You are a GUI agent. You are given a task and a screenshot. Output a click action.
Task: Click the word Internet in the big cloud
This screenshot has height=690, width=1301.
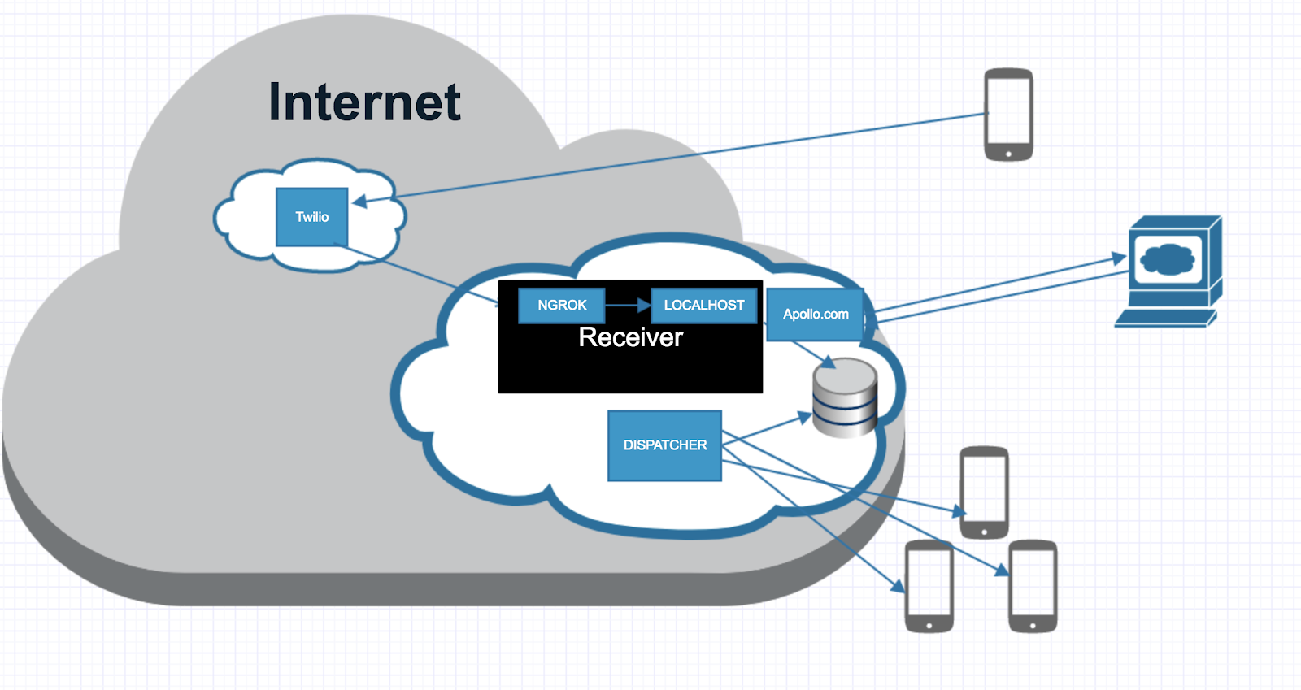(364, 102)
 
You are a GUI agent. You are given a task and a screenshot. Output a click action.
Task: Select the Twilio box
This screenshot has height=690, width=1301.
(312, 217)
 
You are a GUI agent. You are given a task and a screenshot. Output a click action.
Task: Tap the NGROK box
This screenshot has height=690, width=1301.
(562, 306)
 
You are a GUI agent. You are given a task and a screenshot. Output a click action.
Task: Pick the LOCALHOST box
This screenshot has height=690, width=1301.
(704, 306)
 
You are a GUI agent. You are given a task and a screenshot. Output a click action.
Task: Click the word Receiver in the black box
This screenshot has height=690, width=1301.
(631, 337)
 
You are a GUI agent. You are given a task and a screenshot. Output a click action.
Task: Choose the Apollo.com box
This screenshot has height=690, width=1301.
(816, 315)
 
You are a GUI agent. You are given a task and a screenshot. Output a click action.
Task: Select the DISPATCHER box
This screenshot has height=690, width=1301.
(665, 445)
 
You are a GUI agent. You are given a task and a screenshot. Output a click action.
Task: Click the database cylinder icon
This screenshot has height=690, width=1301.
(845, 397)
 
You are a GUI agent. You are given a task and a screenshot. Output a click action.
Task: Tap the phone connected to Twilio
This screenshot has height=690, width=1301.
(1008, 115)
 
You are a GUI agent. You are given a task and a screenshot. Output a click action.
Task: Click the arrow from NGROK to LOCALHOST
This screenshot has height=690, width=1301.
(627, 306)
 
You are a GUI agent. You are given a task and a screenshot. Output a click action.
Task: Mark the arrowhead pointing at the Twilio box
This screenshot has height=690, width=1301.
(359, 201)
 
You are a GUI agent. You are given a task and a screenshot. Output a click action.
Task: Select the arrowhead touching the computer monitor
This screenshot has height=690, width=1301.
(1120, 258)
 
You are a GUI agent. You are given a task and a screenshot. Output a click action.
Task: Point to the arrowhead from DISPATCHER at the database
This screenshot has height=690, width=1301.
(804, 418)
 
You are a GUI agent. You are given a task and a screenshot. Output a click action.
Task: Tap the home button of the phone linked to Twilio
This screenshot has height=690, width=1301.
(1008, 154)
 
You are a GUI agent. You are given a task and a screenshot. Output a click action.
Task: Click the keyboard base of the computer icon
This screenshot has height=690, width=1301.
(1164, 319)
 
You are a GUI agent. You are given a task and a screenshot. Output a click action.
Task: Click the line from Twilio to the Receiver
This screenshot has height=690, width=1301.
(423, 276)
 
